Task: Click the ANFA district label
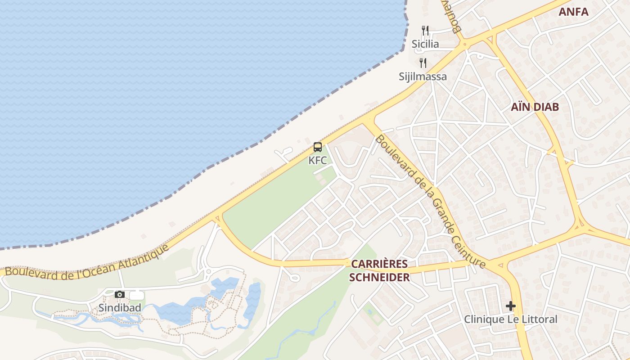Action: [573, 12]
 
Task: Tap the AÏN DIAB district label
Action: [535, 107]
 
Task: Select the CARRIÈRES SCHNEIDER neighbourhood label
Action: [379, 270]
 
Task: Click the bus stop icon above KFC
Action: [318, 147]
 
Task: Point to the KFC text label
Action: [318, 160]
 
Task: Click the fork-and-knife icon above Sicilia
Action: [425, 31]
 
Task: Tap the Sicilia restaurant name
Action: [425, 44]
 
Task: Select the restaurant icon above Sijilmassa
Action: [423, 63]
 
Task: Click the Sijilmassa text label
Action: [423, 76]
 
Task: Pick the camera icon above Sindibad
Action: [120, 294]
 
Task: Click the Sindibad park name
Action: [120, 308]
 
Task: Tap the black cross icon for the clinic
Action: [510, 306]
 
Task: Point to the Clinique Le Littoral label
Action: [510, 319]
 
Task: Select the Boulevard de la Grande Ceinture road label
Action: [430, 201]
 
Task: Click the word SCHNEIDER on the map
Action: [379, 277]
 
